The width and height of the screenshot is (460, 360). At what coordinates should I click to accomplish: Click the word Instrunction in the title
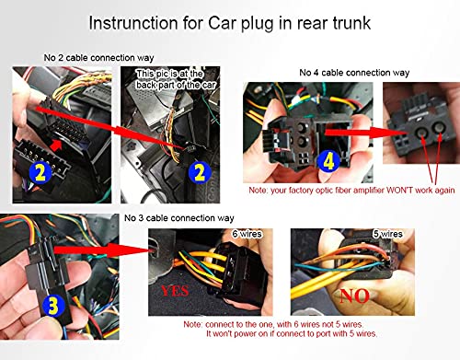(x=133, y=23)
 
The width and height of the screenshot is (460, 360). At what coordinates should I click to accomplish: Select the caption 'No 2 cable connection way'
(x=98, y=58)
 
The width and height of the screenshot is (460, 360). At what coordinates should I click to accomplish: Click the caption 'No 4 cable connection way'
(x=354, y=73)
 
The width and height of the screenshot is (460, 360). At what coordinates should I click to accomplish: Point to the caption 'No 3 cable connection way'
(x=179, y=218)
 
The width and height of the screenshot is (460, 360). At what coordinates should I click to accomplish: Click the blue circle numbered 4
(x=328, y=161)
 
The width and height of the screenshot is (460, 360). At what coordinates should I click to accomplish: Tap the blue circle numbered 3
(x=53, y=306)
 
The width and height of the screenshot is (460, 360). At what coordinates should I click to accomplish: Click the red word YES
(x=175, y=291)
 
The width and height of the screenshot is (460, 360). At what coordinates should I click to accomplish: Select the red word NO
(x=354, y=296)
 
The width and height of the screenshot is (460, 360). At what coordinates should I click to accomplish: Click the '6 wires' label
(x=247, y=234)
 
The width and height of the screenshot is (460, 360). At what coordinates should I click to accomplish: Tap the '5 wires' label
(x=387, y=234)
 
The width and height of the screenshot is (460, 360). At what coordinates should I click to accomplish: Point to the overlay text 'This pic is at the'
(x=169, y=74)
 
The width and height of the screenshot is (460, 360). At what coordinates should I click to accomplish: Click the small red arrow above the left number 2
(x=56, y=145)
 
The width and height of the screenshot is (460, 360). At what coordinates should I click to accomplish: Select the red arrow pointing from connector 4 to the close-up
(x=367, y=133)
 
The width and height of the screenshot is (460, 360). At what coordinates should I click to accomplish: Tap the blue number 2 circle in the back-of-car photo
(x=200, y=172)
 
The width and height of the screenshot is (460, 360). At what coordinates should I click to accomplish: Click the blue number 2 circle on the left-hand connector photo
(x=40, y=173)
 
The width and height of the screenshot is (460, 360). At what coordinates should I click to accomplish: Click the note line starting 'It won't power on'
(x=292, y=333)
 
